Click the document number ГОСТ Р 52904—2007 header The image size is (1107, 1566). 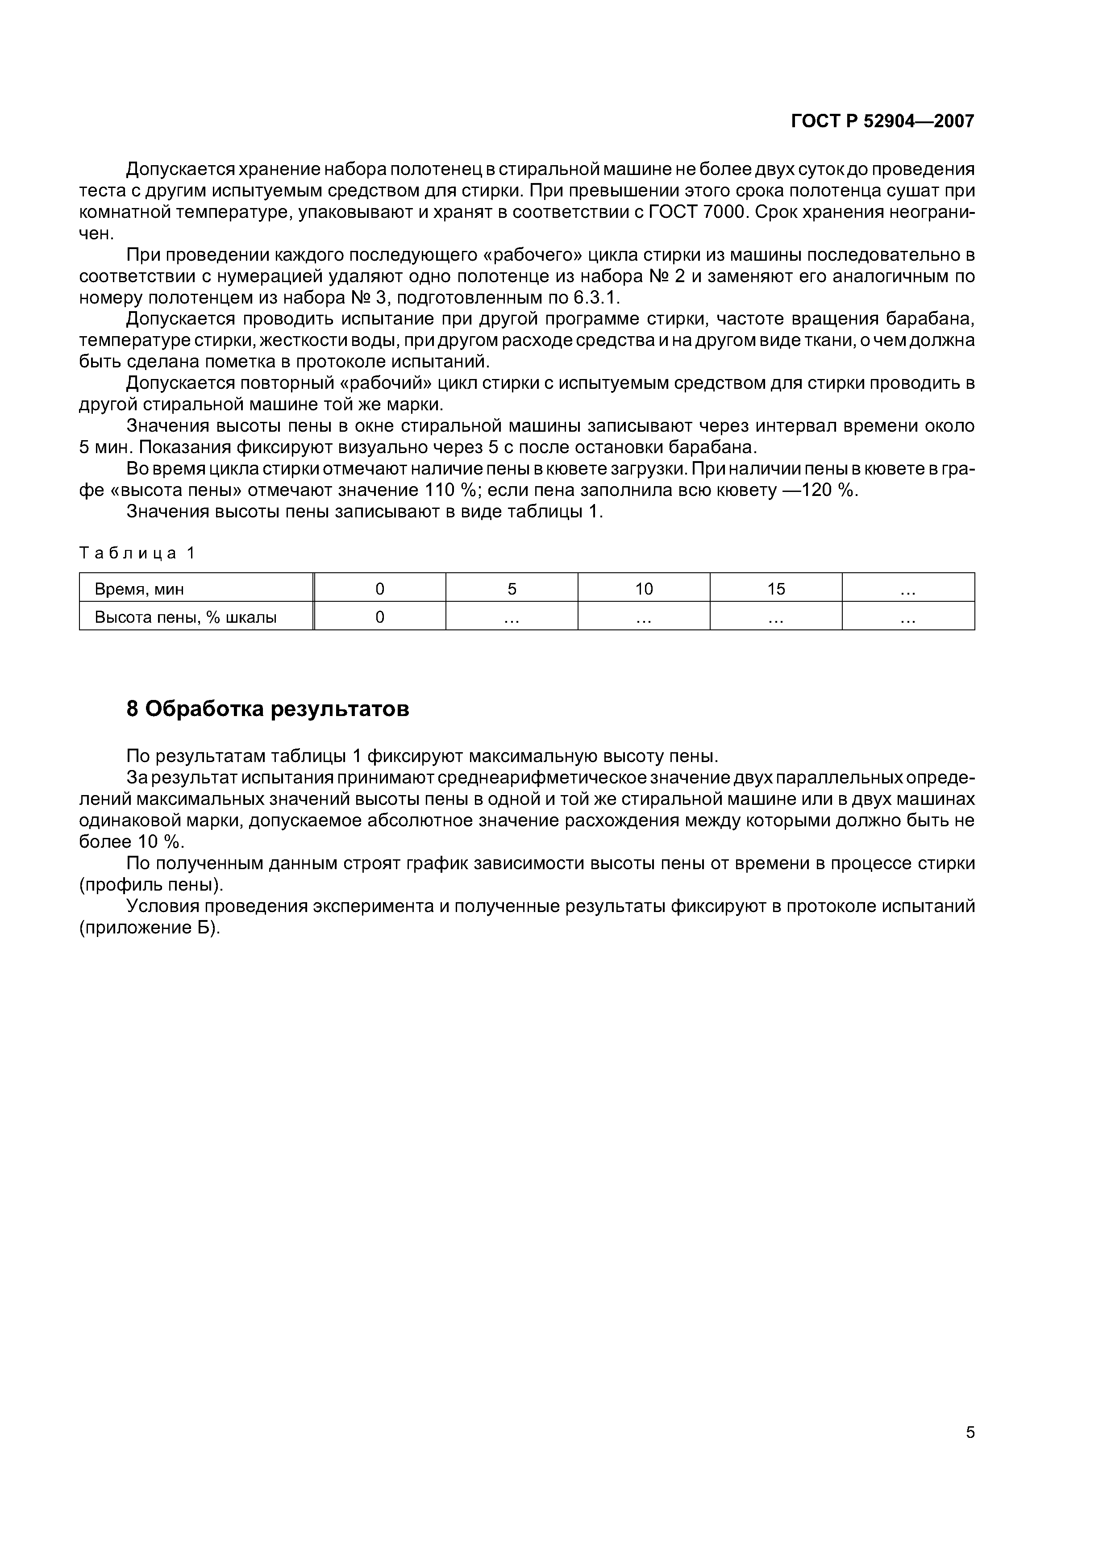pyautogui.click(x=882, y=121)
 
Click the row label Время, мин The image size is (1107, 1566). pyautogui.click(x=139, y=589)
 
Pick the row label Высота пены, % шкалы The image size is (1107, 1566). pyautogui.click(x=186, y=617)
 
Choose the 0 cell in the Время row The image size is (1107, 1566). pyautogui.click(x=379, y=589)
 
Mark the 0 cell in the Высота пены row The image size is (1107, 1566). pyautogui.click(x=379, y=617)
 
